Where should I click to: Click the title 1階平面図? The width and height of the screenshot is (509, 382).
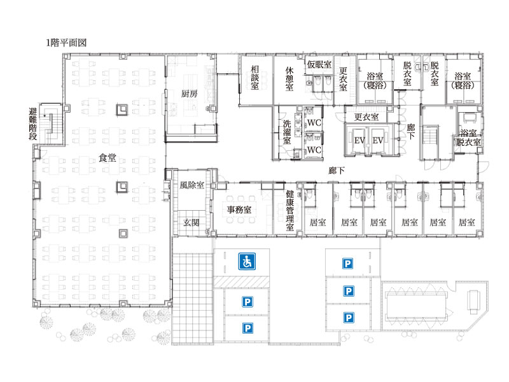(x=66, y=43)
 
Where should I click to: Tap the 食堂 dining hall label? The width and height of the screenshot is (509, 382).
(x=108, y=158)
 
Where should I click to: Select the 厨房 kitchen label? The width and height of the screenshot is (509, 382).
(x=189, y=94)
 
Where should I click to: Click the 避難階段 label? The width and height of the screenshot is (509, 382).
(x=33, y=124)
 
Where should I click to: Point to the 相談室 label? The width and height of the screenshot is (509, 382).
(x=255, y=78)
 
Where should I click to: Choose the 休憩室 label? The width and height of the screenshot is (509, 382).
(x=289, y=79)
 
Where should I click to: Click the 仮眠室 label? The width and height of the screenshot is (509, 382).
(x=319, y=64)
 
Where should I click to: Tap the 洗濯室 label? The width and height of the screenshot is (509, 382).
(x=287, y=132)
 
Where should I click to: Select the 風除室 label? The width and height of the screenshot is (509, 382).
(x=192, y=185)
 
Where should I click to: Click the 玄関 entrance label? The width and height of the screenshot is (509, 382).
(x=192, y=222)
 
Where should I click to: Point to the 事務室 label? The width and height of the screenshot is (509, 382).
(x=239, y=209)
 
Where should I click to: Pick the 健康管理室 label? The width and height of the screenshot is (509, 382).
(x=290, y=211)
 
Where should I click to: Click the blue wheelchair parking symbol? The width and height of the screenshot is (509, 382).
(x=247, y=262)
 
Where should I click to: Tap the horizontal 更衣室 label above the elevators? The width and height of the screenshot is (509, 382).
(x=366, y=117)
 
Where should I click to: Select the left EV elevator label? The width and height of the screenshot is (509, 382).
(x=359, y=141)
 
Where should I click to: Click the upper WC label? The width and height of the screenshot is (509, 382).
(x=314, y=123)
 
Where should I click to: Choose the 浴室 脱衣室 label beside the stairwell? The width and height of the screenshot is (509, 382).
(x=468, y=138)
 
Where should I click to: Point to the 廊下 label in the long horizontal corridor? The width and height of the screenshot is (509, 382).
(x=337, y=171)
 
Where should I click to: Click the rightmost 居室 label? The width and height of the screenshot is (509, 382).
(x=467, y=222)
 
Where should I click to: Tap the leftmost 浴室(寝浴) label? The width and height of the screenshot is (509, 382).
(x=375, y=81)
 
